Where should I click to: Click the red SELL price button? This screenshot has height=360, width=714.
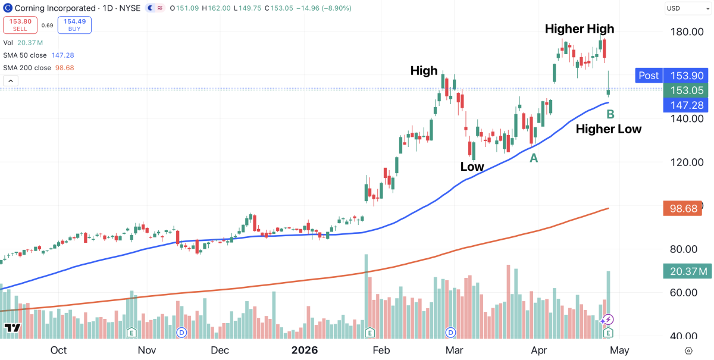tap(21, 24)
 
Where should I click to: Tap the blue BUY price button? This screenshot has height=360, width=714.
tap(74, 24)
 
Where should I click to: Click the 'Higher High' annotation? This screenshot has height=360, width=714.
tap(580, 29)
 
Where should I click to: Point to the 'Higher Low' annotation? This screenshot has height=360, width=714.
tap(609, 129)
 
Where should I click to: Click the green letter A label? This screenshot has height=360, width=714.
tap(534, 158)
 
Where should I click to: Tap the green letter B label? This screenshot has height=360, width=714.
tap(610, 113)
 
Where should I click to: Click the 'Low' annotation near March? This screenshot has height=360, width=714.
tap(472, 167)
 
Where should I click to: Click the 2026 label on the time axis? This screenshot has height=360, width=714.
tap(304, 350)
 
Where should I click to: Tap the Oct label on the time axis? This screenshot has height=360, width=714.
tap(58, 350)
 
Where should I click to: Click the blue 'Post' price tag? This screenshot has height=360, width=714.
tap(649, 76)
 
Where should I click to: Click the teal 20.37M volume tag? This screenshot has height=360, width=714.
tap(688, 271)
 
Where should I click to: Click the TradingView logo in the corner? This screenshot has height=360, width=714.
tap(12, 328)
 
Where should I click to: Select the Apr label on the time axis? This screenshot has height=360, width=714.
tap(539, 350)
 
